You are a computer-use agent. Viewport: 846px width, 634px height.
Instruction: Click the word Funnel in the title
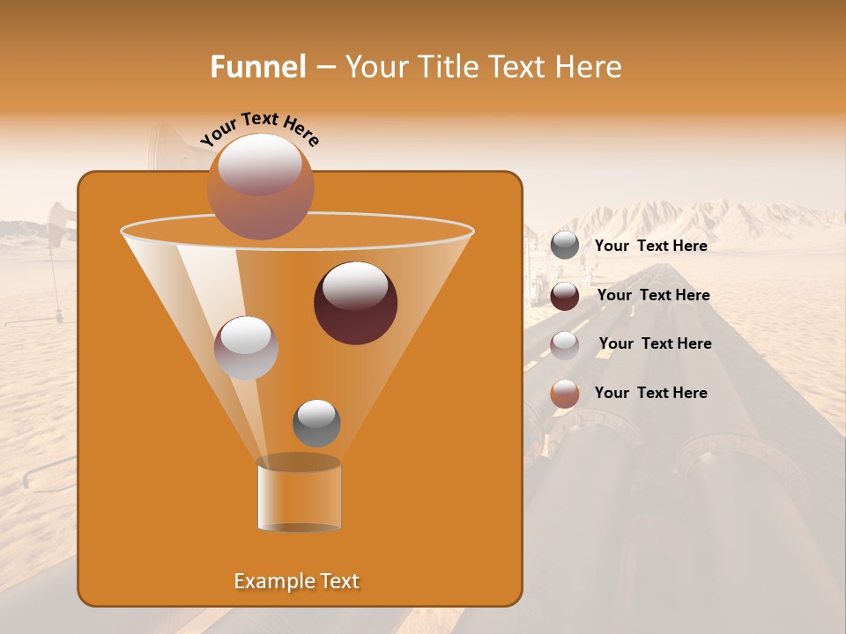coord(258,67)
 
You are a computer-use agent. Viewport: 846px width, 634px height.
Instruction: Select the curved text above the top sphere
coord(260,129)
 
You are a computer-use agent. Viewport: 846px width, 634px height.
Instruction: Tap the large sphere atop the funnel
coord(260,186)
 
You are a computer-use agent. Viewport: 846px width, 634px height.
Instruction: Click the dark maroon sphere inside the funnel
coord(355,303)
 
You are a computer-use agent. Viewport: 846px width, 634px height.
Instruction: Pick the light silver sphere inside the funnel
coord(246,348)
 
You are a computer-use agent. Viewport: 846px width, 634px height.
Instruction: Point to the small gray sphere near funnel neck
coord(316,424)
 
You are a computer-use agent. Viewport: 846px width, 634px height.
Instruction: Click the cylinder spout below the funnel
coord(299,495)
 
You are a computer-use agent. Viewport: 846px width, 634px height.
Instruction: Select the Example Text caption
coord(296,581)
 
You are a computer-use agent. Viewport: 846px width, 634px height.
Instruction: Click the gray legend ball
coord(565,246)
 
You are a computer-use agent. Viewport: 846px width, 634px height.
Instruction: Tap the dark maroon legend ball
coord(565,296)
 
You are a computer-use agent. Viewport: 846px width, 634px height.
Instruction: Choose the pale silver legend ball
coord(565,345)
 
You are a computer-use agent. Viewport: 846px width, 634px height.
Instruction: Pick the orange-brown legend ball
coord(565,394)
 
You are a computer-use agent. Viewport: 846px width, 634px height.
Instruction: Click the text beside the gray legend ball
coord(650,246)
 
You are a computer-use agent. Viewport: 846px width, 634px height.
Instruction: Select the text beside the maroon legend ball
coord(653,295)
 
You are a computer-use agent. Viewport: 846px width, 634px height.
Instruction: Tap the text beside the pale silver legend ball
coord(655,343)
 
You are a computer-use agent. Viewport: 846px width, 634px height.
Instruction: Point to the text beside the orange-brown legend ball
coord(650,393)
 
